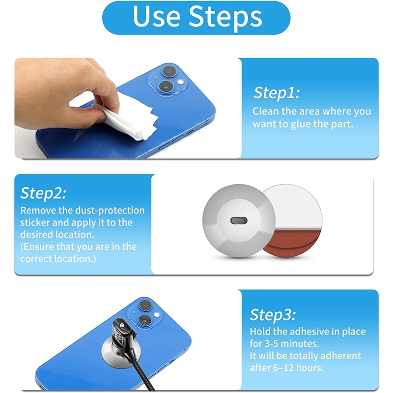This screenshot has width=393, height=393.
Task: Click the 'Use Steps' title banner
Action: click(196, 18)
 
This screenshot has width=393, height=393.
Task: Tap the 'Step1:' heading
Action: click(277, 93)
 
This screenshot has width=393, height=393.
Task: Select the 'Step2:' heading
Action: click(43, 193)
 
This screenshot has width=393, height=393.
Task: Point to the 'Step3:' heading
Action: click(273, 314)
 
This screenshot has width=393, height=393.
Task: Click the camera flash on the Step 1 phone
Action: click(180, 82)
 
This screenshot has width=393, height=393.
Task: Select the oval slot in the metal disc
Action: click(239, 221)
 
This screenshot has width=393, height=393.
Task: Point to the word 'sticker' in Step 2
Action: click(35, 223)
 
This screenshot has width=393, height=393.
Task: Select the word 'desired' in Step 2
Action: click(36, 235)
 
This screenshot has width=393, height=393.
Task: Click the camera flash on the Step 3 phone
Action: click(157, 314)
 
